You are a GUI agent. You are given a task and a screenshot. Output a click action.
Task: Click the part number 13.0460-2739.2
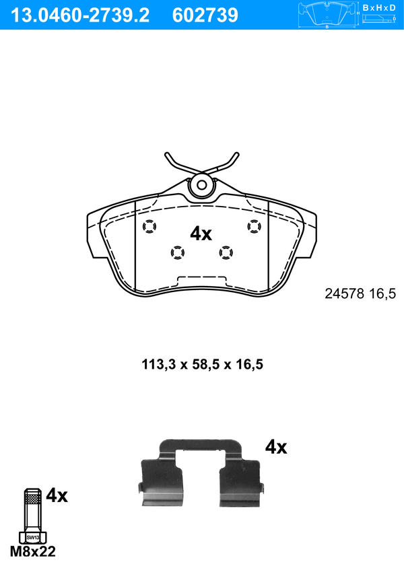[80, 15]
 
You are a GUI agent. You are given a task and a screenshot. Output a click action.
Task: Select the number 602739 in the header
[205, 15]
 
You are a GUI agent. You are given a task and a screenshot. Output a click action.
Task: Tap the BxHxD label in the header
[379, 8]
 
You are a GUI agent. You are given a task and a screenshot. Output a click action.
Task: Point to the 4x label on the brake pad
[201, 234]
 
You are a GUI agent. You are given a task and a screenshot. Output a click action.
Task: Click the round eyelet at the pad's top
[202, 185]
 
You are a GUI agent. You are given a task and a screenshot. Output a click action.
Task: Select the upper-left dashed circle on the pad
[149, 227]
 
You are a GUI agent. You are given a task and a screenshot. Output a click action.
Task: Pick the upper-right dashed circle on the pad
[254, 226]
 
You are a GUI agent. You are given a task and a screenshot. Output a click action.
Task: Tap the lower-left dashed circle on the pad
[177, 252]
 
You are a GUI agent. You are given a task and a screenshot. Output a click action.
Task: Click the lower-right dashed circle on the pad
[226, 252]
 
